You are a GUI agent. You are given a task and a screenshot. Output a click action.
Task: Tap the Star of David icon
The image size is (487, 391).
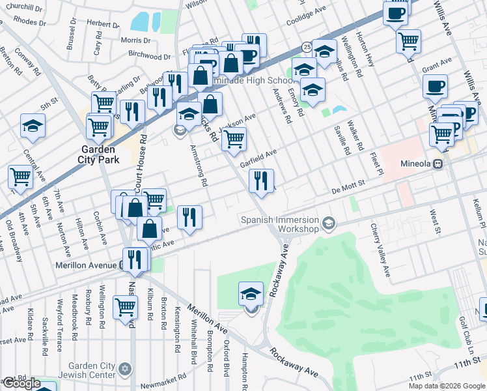(126, 369)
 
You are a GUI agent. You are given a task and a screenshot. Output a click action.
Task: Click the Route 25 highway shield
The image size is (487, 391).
(306, 46)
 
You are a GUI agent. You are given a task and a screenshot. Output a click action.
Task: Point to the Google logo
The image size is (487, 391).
(21, 383)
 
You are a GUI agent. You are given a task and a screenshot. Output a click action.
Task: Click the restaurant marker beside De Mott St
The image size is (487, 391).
(261, 181)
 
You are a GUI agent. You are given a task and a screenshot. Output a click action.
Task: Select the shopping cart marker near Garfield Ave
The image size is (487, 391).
(234, 138)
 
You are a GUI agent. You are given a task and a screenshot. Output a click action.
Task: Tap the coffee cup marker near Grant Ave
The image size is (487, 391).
(435, 85)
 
